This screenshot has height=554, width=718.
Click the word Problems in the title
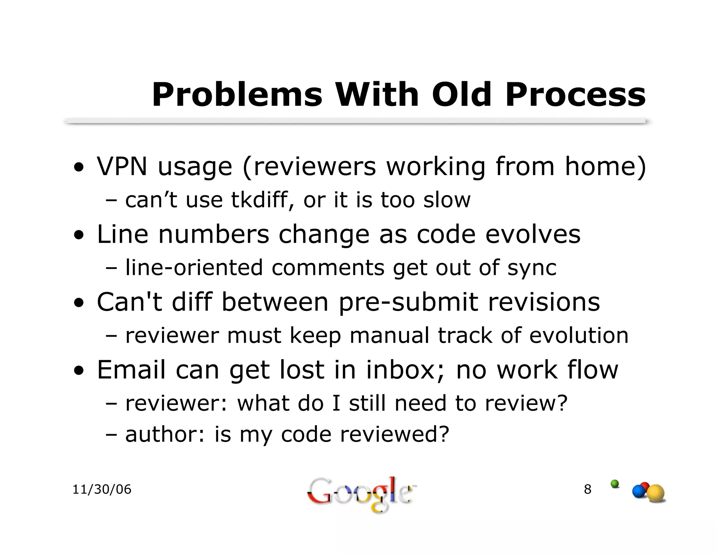[x=237, y=95]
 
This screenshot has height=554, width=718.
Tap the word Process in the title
[x=575, y=95]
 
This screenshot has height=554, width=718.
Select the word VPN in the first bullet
[x=122, y=166]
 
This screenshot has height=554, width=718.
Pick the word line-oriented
[x=194, y=268]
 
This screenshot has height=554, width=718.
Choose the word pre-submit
[x=408, y=302]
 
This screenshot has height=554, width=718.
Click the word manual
[x=389, y=335]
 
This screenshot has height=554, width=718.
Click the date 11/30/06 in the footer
[x=102, y=489]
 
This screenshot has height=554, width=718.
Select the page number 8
[x=588, y=489]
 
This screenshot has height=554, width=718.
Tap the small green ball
[x=615, y=484]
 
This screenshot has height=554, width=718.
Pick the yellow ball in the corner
[x=656, y=494]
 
